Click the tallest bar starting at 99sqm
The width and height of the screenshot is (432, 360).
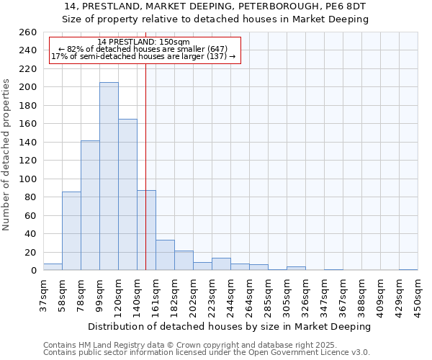point(109,176)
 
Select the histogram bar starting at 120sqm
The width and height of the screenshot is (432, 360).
point(127,194)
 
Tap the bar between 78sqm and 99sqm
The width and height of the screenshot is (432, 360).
point(90,205)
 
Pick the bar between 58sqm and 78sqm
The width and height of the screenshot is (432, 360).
point(71,230)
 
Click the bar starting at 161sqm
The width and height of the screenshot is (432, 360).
point(165,255)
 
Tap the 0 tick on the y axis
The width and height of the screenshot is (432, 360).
point(33,271)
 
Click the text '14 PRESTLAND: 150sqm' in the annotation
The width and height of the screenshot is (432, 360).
point(143,42)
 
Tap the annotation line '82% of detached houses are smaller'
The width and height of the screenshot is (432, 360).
point(143,49)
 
